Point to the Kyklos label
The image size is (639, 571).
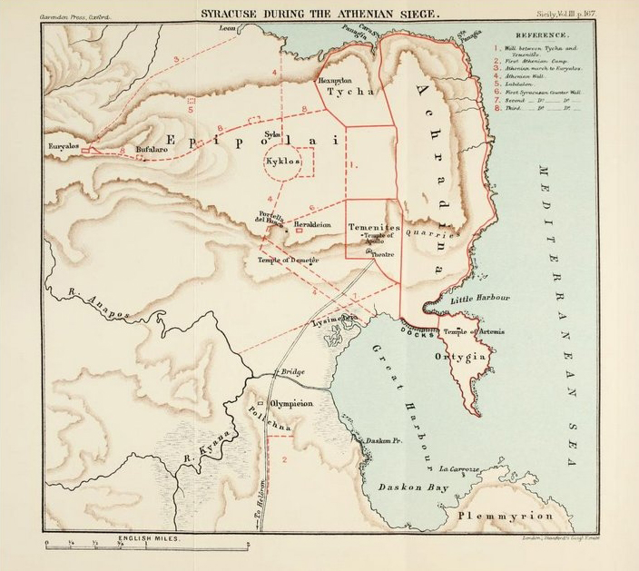pos(282,160)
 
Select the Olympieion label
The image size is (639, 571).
pos(298,401)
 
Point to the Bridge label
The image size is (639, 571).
pos(292,372)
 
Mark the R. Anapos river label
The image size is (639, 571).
pos(99,304)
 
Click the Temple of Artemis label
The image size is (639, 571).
pos(474,332)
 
